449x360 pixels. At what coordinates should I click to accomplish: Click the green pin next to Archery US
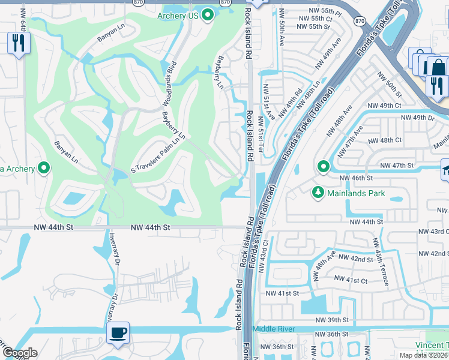[208, 15]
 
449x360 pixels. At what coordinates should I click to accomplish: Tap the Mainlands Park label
[356, 193]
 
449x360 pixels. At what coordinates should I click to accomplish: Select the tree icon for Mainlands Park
[318, 193]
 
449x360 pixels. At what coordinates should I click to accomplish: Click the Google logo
[19, 353]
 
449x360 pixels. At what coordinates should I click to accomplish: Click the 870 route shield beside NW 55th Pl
[359, 21]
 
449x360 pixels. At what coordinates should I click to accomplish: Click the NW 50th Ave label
[282, 34]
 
